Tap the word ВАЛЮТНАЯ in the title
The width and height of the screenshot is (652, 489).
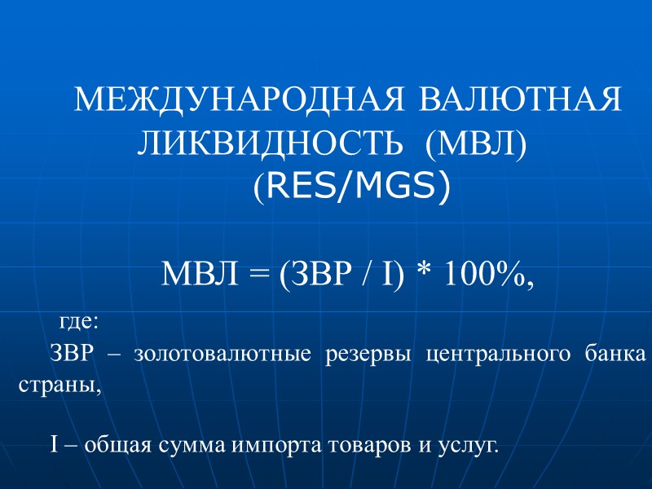coord(520,101)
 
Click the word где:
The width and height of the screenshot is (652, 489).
coord(79,322)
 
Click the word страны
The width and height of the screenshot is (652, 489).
coord(59,386)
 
